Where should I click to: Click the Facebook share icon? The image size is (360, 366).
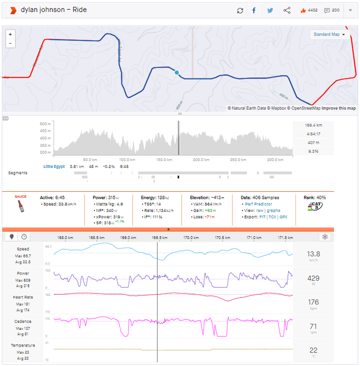[x=254, y=11]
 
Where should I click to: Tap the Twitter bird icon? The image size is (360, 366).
[x=270, y=11]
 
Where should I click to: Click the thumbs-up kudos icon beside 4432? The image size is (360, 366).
[x=302, y=11]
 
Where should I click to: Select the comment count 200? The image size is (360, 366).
[x=335, y=11]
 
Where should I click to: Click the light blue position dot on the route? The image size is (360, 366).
[x=176, y=73]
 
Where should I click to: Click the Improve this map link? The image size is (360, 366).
[x=338, y=108]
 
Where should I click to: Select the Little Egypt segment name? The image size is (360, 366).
[x=54, y=166]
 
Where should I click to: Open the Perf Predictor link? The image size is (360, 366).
[x=258, y=204]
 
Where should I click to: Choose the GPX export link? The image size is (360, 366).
[x=283, y=217]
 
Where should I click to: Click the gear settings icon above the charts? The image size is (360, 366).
[x=325, y=237]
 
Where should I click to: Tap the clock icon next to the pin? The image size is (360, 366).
[x=23, y=237]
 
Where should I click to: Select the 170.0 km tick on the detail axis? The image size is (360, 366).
[x=189, y=238]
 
